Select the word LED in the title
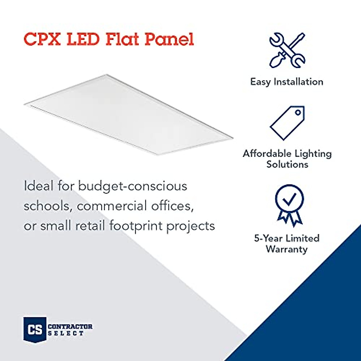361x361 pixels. (x=83, y=39)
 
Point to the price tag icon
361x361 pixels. (x=287, y=122)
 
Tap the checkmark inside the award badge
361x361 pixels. (x=289, y=198)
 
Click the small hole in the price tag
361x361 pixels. (x=298, y=113)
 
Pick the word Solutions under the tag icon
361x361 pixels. (x=287, y=165)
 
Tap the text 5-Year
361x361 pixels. (x=268, y=238)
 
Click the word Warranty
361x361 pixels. (x=287, y=249)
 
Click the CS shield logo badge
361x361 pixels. (x=35, y=329)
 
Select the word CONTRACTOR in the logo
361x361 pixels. (x=70, y=326)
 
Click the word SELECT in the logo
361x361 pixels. (x=66, y=333)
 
